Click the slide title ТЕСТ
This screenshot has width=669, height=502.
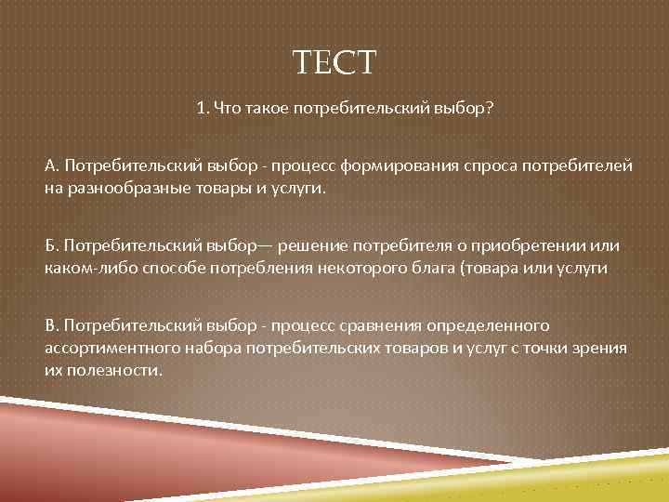point(334,63)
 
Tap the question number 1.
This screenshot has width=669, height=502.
point(201,109)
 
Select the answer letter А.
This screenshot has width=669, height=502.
point(50,165)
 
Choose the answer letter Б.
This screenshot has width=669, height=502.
point(50,245)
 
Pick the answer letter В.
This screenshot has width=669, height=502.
point(50,325)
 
